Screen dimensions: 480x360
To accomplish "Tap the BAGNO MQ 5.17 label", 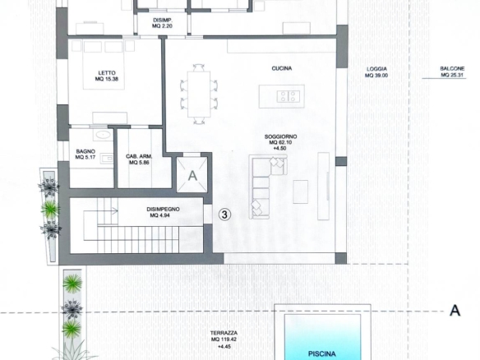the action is click(x=85, y=155).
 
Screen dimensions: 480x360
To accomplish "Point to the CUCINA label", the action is click(x=282, y=68).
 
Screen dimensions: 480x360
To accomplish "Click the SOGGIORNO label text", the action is click(x=281, y=136).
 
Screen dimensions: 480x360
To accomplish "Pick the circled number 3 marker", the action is click(x=224, y=215).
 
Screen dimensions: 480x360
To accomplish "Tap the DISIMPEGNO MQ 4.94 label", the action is click(x=163, y=212).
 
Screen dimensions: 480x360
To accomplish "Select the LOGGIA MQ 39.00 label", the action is click(x=376, y=72).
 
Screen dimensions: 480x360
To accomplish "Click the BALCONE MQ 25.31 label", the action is click(x=452, y=72).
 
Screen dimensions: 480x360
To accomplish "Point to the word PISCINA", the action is click(x=321, y=354).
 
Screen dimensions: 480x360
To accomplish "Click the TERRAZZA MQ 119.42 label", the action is click(x=224, y=336).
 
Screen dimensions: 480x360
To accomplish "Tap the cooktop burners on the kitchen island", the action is click(x=288, y=96).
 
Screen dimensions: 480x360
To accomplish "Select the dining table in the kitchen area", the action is click(x=199, y=94).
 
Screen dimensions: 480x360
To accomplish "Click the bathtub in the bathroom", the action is click(x=103, y=135).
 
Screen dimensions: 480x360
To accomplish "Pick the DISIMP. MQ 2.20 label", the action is click(x=163, y=23).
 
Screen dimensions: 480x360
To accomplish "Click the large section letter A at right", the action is click(x=455, y=311).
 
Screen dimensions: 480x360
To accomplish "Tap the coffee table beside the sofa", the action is click(x=300, y=192).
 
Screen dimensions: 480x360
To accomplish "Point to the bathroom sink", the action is click(x=108, y=159).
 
